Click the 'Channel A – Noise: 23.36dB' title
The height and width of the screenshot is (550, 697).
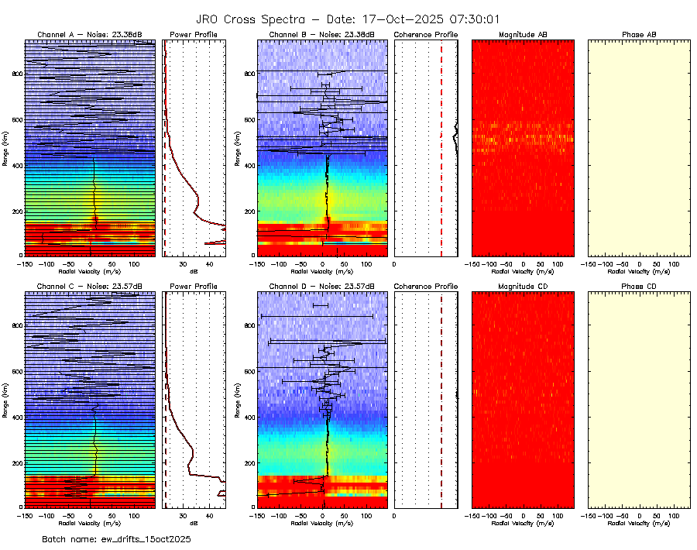point(90,35)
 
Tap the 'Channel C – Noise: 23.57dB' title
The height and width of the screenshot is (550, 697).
point(90,287)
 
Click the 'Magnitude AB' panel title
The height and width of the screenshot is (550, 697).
point(523,35)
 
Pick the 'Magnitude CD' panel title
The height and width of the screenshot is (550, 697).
point(523,287)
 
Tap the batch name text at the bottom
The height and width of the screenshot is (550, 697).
point(116,538)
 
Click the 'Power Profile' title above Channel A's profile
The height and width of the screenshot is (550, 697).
point(194,35)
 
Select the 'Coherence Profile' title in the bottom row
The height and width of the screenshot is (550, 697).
point(426,287)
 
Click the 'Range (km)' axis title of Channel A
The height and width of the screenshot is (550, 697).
point(5,147)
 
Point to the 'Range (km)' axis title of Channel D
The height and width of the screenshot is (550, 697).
point(238,399)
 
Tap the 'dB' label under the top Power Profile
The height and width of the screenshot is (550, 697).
point(194,272)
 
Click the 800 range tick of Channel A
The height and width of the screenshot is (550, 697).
point(15,73)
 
